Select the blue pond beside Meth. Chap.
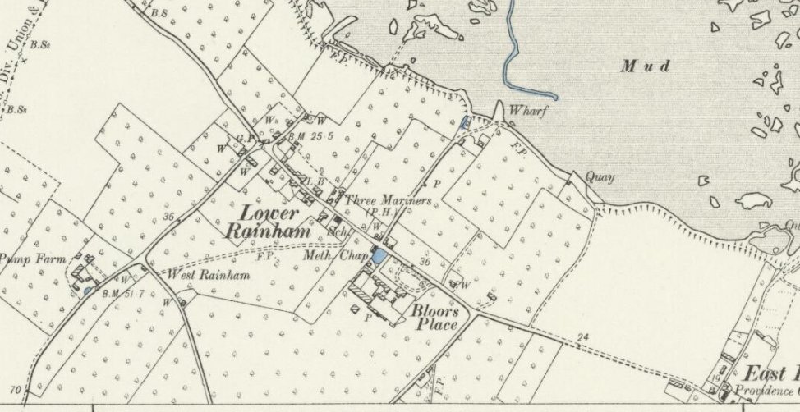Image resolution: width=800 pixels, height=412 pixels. tap(379, 257)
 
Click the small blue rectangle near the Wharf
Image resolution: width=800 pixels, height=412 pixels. tap(464, 122)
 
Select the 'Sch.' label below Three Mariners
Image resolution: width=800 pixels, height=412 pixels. tap(333, 232)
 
